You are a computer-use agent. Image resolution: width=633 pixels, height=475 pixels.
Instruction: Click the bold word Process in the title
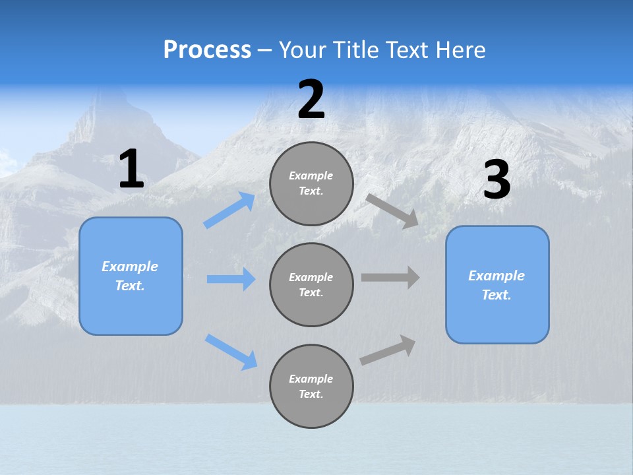tap(207, 50)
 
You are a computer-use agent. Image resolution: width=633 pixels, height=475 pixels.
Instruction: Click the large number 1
tap(131, 170)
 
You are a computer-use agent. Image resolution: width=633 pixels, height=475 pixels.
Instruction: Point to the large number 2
tap(311, 100)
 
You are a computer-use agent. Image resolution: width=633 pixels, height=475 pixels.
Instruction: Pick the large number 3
tap(497, 180)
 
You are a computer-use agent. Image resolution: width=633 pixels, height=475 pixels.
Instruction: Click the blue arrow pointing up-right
tap(229, 210)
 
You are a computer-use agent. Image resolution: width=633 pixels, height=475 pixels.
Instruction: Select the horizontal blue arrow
tap(231, 279)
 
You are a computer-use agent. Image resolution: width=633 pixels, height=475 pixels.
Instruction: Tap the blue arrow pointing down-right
tap(231, 352)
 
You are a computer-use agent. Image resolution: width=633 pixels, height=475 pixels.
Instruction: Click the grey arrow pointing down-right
tap(392, 211)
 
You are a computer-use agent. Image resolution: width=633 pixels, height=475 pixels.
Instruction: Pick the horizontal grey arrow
tap(390, 278)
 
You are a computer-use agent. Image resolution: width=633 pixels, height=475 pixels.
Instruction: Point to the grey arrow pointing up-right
tap(388, 350)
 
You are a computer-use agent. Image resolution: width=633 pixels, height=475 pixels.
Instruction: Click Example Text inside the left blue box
tap(130, 276)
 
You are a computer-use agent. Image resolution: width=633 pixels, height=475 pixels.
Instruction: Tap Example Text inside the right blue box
tap(497, 285)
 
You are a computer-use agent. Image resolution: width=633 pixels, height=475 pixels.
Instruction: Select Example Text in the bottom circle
tap(311, 387)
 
